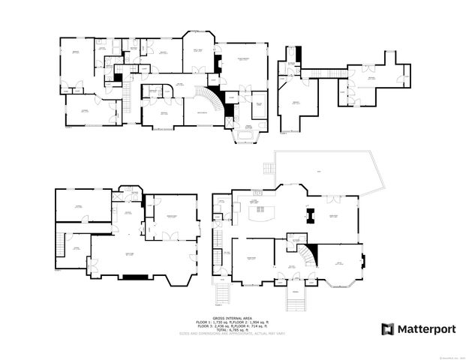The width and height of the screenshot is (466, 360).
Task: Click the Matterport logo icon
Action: tap(387, 328)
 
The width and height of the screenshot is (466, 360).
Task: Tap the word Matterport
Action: tap(422, 328)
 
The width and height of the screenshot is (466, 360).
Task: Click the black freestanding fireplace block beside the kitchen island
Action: tap(309, 217)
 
